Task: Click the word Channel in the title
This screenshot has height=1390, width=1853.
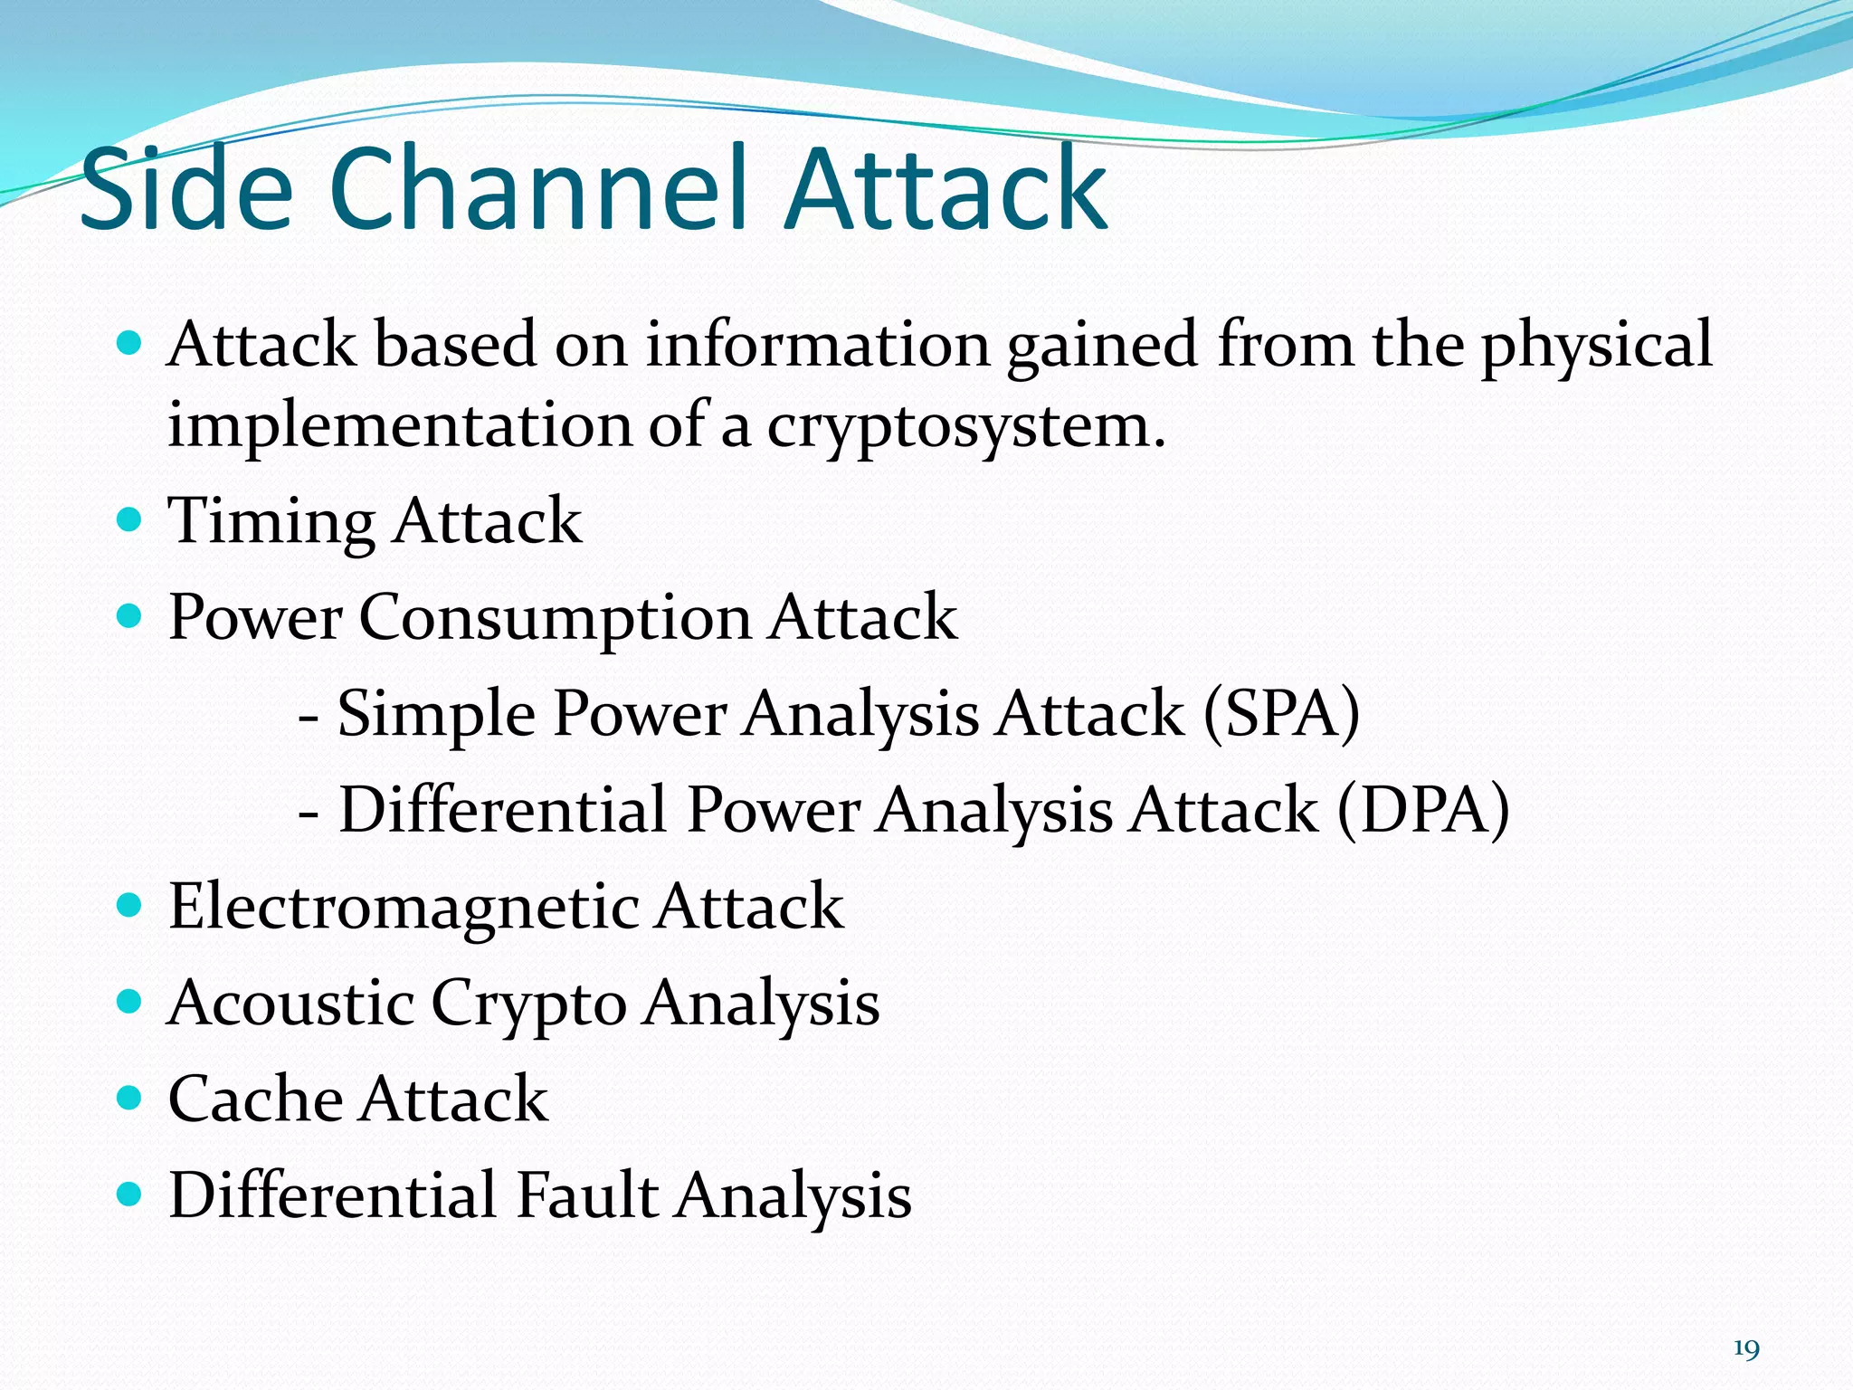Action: [x=539, y=190]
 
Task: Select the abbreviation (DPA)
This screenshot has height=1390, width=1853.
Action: [x=1422, y=810]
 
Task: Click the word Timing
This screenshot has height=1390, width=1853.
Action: [x=271, y=523]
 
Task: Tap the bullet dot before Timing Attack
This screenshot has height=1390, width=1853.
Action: [x=130, y=519]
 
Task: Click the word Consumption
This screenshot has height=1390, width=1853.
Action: [x=555, y=619]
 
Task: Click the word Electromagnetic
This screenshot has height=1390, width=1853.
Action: [x=403, y=907]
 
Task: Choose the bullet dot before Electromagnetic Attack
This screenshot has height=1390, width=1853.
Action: [x=130, y=905]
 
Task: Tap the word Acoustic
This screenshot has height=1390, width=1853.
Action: [x=290, y=1003]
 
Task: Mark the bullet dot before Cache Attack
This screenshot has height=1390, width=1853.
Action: [x=130, y=1098]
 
